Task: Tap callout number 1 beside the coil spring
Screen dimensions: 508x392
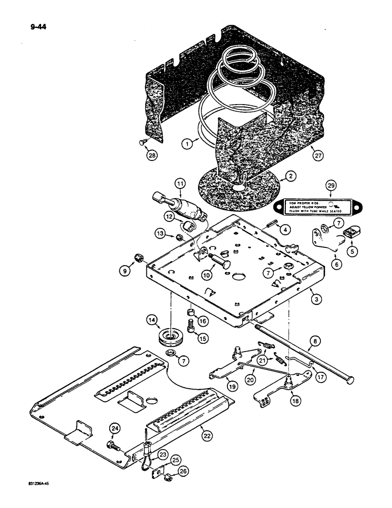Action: click(189, 144)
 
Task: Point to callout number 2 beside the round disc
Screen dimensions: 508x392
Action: click(289, 177)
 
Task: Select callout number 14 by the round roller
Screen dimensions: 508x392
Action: click(151, 320)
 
